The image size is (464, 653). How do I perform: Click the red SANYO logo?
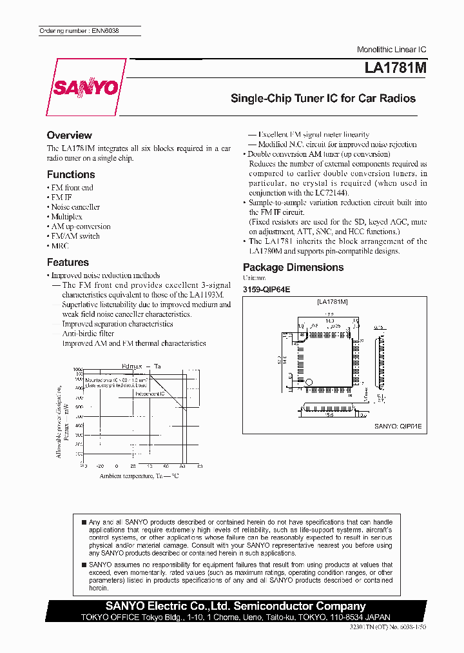click(85, 88)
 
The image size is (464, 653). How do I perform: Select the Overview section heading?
click(69, 136)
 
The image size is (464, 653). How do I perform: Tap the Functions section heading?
click(71, 175)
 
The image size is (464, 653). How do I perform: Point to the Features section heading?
click(68, 263)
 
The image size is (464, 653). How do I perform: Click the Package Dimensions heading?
click(293, 267)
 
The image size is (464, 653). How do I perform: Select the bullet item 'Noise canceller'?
click(75, 207)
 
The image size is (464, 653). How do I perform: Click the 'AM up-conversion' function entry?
click(81, 226)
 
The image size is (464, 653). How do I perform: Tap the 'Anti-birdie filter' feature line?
click(88, 334)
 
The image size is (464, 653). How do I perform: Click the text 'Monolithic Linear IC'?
click(391, 50)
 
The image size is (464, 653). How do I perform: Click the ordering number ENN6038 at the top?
click(79, 31)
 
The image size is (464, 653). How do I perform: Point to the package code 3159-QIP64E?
click(266, 290)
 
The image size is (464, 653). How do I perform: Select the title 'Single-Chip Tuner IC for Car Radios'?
click(323, 99)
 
